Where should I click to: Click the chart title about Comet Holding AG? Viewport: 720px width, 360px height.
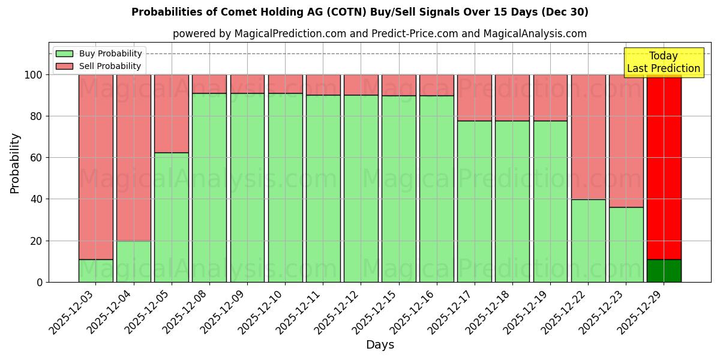360,12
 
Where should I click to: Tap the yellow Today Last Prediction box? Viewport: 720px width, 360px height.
664,62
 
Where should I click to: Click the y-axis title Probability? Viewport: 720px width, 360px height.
15,163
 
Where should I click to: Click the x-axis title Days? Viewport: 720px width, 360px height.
380,345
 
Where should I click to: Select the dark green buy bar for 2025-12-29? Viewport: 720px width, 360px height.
664,271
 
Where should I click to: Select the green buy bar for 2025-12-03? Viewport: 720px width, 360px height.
96,271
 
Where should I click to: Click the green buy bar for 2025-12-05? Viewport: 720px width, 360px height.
172,217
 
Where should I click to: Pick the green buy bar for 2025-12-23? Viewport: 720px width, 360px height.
626,244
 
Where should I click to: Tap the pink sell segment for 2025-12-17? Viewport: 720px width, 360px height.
474,98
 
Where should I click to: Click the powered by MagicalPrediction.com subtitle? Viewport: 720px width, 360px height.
380,34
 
